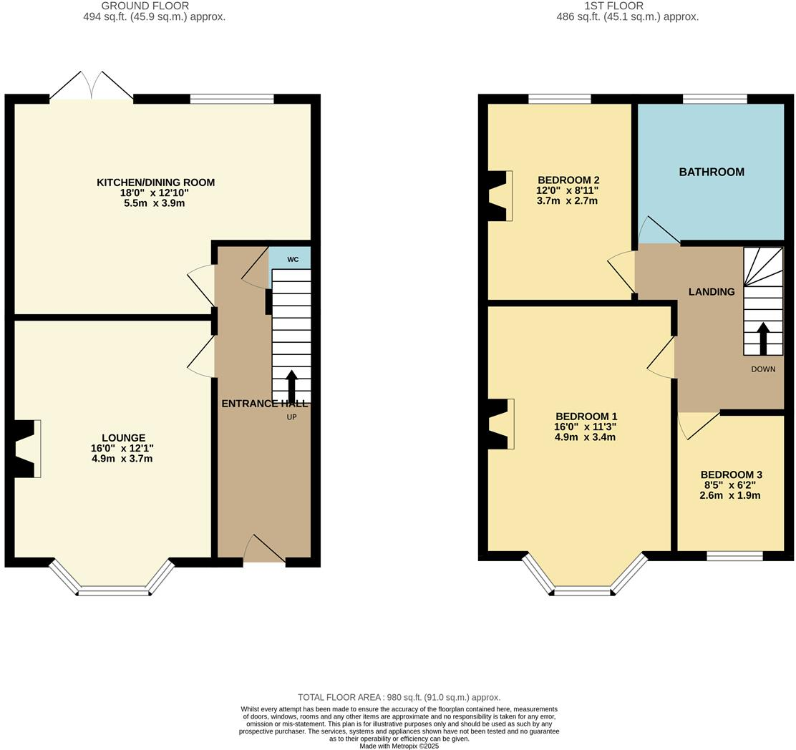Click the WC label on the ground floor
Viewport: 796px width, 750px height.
click(x=293, y=259)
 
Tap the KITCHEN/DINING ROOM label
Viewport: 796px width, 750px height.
click(x=155, y=182)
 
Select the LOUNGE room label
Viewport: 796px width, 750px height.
click(x=123, y=438)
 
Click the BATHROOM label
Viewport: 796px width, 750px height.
click(x=712, y=172)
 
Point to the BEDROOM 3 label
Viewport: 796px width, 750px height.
click(x=731, y=474)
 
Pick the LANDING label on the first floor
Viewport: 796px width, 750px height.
click(x=712, y=291)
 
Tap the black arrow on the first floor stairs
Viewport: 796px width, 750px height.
click(x=763, y=339)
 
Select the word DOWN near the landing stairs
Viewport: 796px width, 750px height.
click(x=763, y=369)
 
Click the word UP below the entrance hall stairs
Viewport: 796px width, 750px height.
click(x=291, y=417)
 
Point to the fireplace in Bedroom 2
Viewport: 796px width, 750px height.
click(x=500, y=195)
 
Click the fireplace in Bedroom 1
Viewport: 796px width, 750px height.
click(x=501, y=424)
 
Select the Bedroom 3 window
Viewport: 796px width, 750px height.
click(x=734, y=556)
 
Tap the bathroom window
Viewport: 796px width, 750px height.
click(x=714, y=99)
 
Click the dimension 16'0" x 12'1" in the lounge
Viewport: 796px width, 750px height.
click(x=122, y=448)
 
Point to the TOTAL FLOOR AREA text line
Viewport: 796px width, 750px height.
click(x=399, y=697)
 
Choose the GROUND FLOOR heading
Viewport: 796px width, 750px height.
click(x=154, y=6)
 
